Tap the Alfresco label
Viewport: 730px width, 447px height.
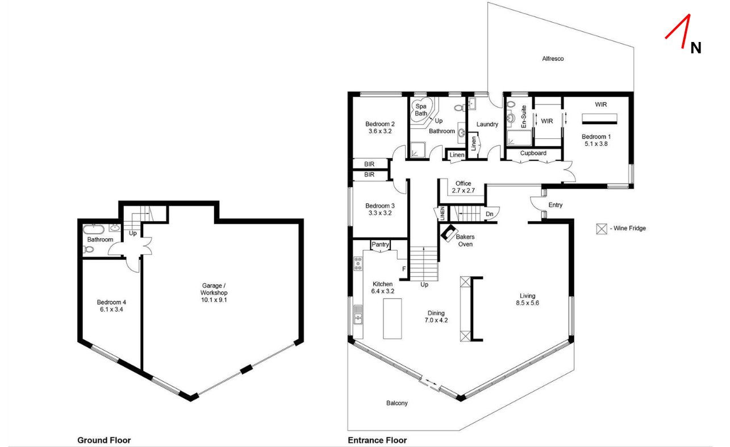tap(552, 58)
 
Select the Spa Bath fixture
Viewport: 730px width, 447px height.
tap(421, 109)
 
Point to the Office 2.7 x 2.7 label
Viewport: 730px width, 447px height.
tap(463, 187)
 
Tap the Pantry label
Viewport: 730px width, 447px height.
tap(380, 244)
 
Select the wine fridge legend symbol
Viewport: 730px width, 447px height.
tap(601, 229)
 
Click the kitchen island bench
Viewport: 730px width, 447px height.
tap(392, 318)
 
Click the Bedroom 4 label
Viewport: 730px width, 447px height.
tap(111, 306)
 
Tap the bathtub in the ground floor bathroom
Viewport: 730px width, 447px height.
tap(94, 229)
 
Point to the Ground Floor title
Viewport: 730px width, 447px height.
tap(104, 440)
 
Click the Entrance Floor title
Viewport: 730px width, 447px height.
tap(377, 440)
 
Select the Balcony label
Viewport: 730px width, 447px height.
tap(397, 403)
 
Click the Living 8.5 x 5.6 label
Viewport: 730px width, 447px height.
tap(527, 300)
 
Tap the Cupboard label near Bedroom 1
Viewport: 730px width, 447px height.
tap(533, 153)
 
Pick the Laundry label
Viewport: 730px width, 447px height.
tap(487, 124)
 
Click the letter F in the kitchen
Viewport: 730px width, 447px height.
tap(403, 269)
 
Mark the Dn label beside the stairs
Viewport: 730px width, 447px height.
tap(490, 214)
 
